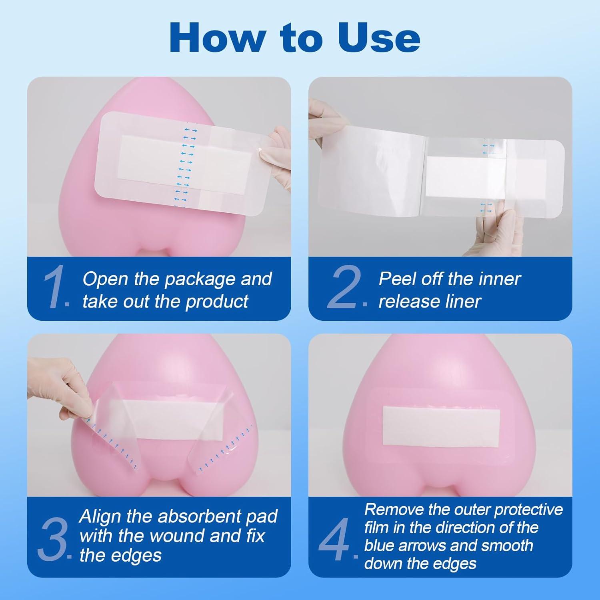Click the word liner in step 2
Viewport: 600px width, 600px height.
coord(463,301)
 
